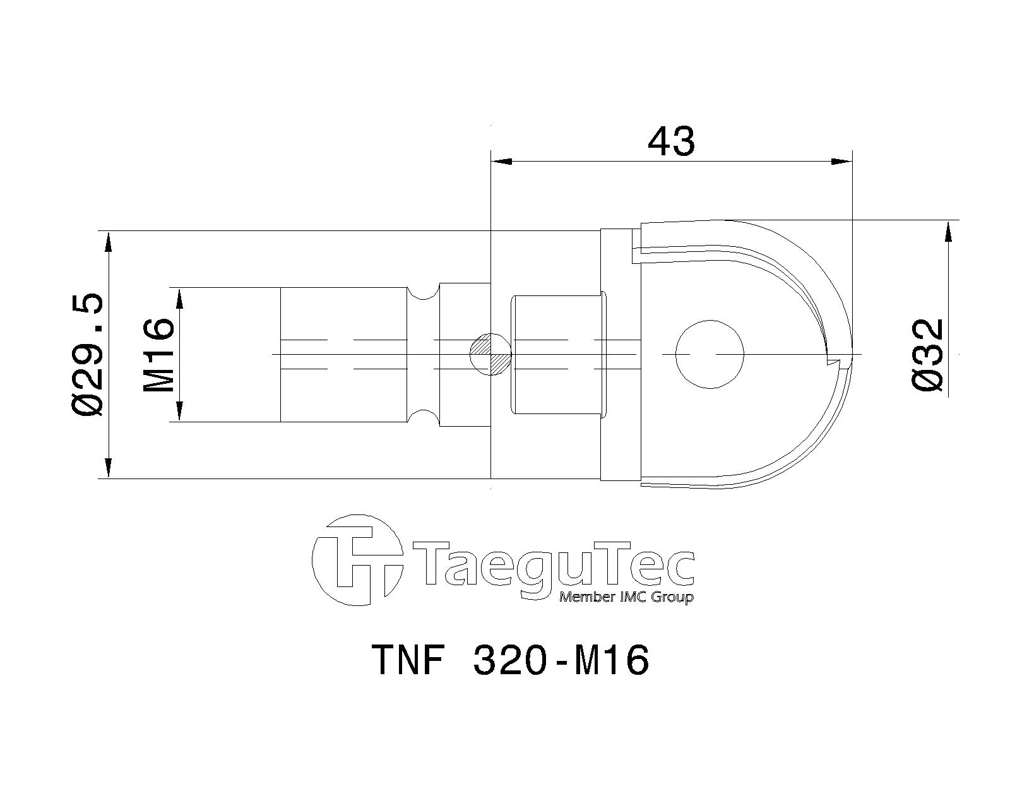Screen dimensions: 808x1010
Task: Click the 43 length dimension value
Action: (671, 141)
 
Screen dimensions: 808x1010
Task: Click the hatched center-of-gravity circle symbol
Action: (490, 354)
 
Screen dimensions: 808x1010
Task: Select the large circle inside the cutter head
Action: (709, 354)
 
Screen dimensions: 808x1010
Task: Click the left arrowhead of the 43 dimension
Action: (502, 162)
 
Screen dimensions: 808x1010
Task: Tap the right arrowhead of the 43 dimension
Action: (841, 162)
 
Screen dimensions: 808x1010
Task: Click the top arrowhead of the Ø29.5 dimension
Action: (109, 242)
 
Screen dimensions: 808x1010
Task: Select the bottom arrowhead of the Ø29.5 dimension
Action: (109, 467)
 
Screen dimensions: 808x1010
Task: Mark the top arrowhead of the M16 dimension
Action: (180, 299)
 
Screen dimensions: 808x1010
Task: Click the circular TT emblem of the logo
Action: (357, 560)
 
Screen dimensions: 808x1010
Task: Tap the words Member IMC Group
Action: (626, 597)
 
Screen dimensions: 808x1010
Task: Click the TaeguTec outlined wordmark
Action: (555, 563)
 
